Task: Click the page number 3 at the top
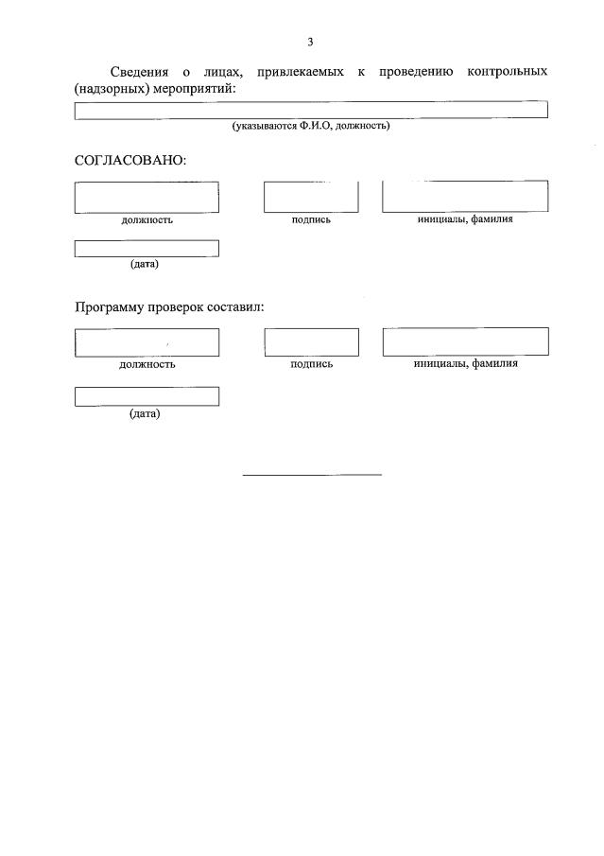(310, 42)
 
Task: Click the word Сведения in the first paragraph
(140, 72)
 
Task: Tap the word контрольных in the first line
(507, 72)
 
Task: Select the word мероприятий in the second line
(193, 88)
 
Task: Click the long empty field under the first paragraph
(311, 110)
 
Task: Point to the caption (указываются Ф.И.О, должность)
(311, 126)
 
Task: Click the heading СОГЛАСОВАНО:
(130, 160)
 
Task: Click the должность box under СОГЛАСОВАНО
(147, 197)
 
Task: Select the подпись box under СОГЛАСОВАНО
(311, 197)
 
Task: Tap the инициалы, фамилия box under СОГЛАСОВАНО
(465, 196)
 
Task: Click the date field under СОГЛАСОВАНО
(147, 249)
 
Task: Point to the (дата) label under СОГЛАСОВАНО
(145, 264)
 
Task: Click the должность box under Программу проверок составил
(147, 342)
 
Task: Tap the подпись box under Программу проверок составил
(311, 342)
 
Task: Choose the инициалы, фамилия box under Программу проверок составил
(465, 341)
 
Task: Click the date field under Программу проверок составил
(147, 396)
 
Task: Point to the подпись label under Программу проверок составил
(312, 364)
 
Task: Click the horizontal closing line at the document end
(312, 474)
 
